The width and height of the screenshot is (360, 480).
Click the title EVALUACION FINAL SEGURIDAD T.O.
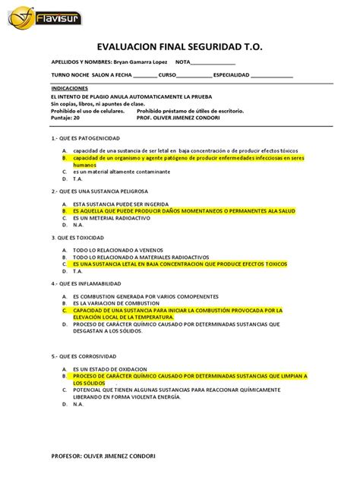click(180, 46)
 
